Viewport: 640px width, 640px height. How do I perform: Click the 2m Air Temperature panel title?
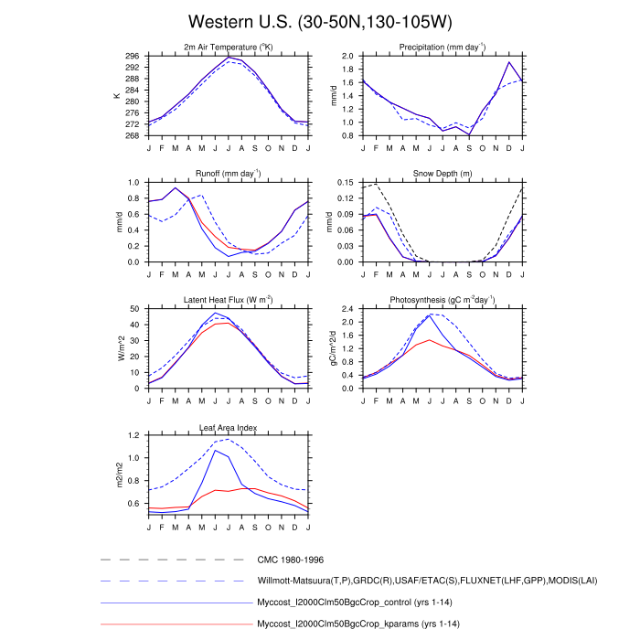tap(228, 48)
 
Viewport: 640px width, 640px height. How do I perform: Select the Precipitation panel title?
tap(442, 48)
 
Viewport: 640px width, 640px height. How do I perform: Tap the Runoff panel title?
tap(228, 174)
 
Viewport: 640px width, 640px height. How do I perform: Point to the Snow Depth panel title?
tap(442, 174)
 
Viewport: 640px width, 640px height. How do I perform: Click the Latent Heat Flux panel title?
tap(228, 301)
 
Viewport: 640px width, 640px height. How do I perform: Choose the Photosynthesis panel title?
tap(442, 301)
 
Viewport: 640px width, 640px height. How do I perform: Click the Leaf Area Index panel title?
tap(228, 427)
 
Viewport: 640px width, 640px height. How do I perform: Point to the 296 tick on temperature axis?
tap(132, 56)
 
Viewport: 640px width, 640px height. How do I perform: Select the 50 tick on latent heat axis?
tap(134, 309)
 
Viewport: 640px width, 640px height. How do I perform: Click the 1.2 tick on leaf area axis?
tap(133, 435)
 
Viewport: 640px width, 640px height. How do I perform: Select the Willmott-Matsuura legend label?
tap(408, 581)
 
